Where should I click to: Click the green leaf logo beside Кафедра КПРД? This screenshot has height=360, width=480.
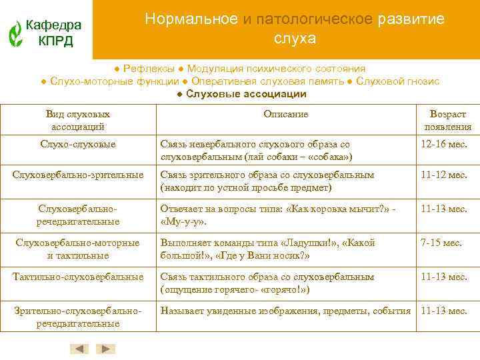coord(15,33)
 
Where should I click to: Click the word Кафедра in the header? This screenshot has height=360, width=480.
coord(53,25)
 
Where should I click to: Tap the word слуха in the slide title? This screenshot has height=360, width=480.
coord(295,39)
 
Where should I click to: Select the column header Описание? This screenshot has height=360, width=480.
coord(285,114)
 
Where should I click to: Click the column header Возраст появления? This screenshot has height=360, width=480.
coord(447,120)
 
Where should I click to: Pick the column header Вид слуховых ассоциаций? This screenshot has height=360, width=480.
coord(78,120)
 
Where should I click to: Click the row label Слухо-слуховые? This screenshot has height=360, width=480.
coord(78,144)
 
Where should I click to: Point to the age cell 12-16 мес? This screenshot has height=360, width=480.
coord(444,144)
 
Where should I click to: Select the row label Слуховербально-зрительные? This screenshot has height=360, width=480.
coord(78,175)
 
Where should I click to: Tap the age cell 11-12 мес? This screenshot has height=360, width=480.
coord(444,175)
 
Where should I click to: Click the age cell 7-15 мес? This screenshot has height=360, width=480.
coord(441,243)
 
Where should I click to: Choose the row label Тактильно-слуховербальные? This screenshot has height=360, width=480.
coord(78,277)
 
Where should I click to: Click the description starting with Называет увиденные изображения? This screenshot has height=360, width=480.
coord(285,311)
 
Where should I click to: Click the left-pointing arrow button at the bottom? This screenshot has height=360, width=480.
coord(79,349)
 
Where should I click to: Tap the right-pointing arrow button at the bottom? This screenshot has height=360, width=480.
coord(106,349)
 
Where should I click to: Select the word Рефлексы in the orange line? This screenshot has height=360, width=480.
coord(149,69)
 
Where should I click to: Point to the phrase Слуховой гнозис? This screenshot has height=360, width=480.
coord(397,81)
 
